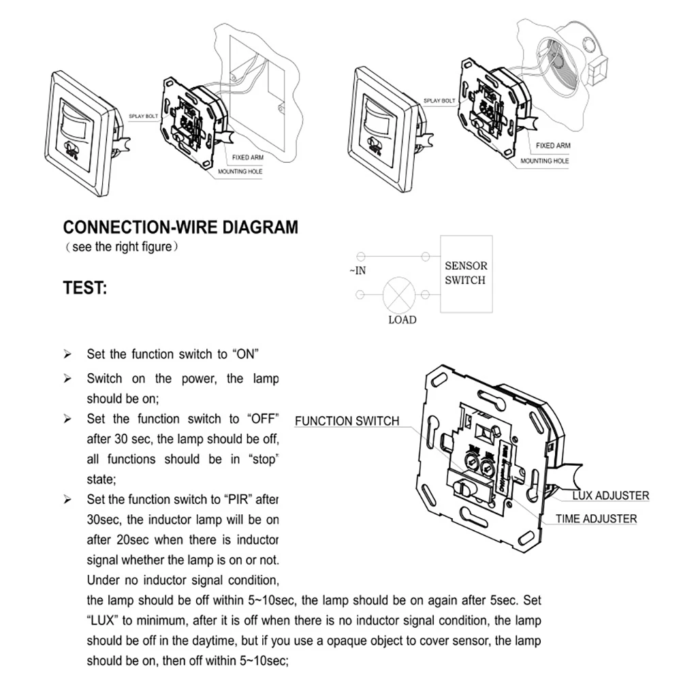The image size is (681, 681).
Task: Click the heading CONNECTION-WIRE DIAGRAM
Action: click(180, 227)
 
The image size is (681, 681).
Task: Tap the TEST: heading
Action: click(85, 288)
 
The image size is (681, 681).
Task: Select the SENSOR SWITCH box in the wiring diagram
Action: click(465, 274)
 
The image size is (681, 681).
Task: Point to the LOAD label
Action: click(402, 319)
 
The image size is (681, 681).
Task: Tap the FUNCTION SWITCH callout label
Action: click(347, 421)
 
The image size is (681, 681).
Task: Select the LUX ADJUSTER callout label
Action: click(610, 496)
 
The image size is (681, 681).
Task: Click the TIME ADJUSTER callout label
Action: click(596, 519)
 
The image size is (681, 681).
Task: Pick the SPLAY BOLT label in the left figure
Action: click(142, 116)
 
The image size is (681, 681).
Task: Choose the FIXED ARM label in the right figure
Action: click(552, 146)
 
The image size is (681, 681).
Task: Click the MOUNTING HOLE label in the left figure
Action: click(240, 172)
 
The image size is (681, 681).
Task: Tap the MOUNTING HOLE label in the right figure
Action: click(545, 161)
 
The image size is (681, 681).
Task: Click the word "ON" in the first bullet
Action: click(247, 354)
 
